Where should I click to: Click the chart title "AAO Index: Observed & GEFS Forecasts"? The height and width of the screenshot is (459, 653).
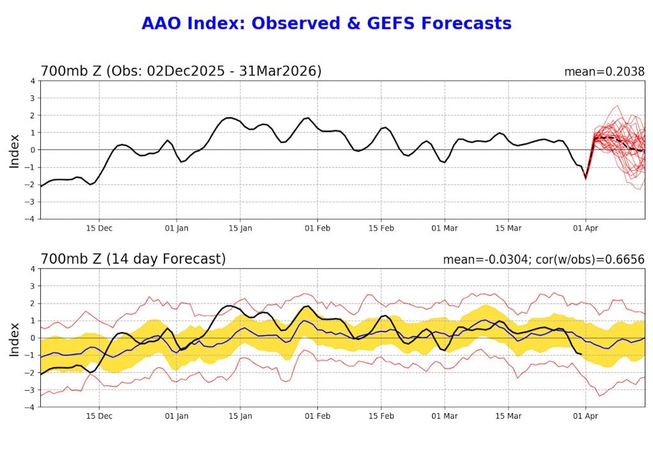tap(326, 24)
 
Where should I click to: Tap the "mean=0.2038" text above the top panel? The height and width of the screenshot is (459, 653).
tap(604, 71)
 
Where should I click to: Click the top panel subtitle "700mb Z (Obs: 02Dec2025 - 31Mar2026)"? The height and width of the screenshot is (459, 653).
tap(181, 71)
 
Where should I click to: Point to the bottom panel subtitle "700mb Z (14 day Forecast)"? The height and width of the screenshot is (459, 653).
tap(133, 259)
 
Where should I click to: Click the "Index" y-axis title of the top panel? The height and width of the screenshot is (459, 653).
tap(14, 150)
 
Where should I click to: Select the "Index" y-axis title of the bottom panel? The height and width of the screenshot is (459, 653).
tap(14, 339)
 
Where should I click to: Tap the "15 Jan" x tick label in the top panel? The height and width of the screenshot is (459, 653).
tap(240, 228)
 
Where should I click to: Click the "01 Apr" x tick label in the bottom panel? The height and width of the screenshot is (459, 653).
tap(585, 416)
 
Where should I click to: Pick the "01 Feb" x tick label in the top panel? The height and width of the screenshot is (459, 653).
tap(317, 228)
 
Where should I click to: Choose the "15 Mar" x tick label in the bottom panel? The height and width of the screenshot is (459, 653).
tap(509, 416)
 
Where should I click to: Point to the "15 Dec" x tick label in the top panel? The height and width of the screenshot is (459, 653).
tap(99, 228)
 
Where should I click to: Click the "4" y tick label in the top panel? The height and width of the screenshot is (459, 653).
tap(33, 81)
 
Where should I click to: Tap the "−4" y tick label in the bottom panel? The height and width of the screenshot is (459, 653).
tap(30, 407)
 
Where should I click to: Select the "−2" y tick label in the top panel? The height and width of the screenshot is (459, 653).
tap(30, 184)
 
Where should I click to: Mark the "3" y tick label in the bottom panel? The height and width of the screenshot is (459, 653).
tap(33, 286)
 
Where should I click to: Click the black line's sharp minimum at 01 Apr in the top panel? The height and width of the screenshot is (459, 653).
tap(585, 178)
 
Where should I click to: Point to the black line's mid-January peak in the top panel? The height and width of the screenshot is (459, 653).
tap(230, 118)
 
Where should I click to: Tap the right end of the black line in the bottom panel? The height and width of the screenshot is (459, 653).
tap(581, 354)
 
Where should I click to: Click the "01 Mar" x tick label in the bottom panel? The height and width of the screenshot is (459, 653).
tap(444, 416)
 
